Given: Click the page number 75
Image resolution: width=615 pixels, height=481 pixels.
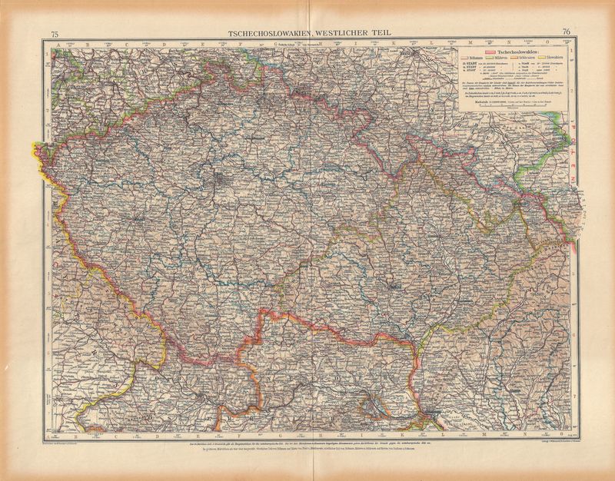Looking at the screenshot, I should [55, 32].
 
